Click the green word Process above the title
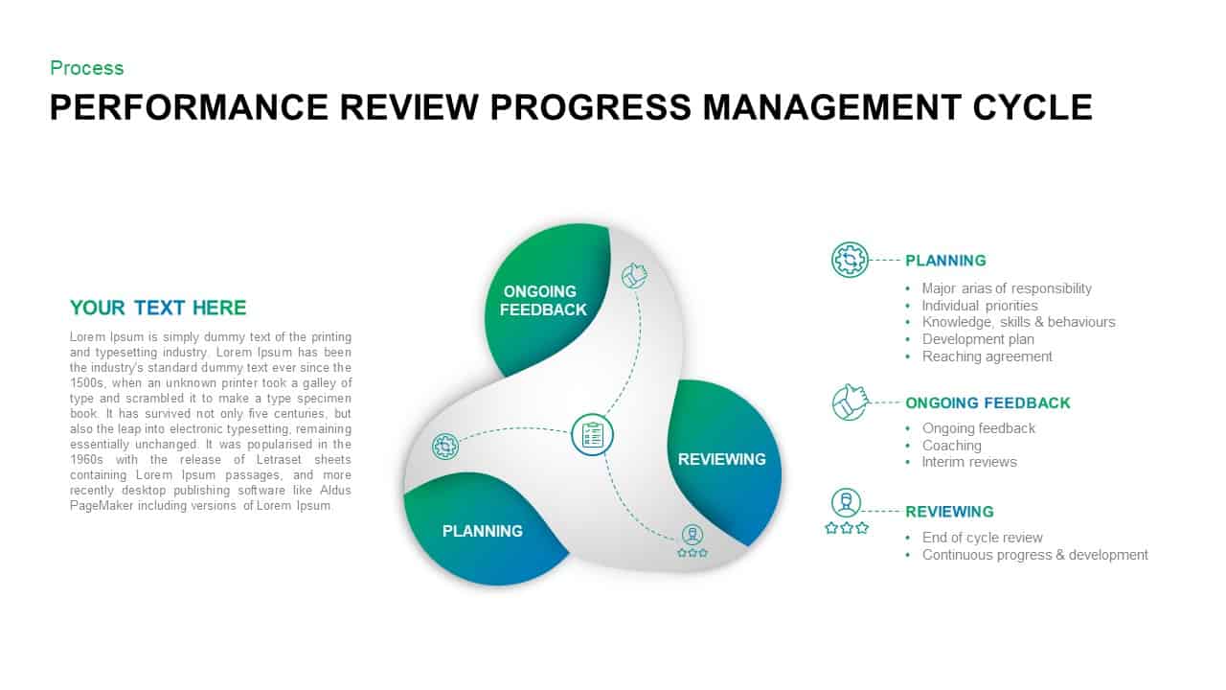tap(86, 68)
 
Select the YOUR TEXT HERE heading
tap(158, 308)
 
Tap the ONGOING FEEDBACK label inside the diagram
tap(542, 300)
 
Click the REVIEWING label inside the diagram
tap(721, 459)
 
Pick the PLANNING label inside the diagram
tap(482, 531)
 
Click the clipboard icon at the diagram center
tap(592, 435)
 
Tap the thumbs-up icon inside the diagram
tap(634, 276)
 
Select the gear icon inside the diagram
tap(445, 446)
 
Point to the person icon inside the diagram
tap(692, 535)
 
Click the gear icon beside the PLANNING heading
tap(850, 260)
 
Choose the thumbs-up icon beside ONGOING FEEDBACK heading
tap(850, 402)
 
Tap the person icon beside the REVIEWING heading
tap(846, 502)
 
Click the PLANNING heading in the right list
tap(945, 261)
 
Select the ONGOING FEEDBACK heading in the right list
tap(988, 403)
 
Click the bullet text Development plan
tap(978, 339)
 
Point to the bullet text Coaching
tap(951, 446)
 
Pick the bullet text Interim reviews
tap(969, 462)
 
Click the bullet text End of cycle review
tap(982, 538)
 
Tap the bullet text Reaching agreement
tap(987, 356)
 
